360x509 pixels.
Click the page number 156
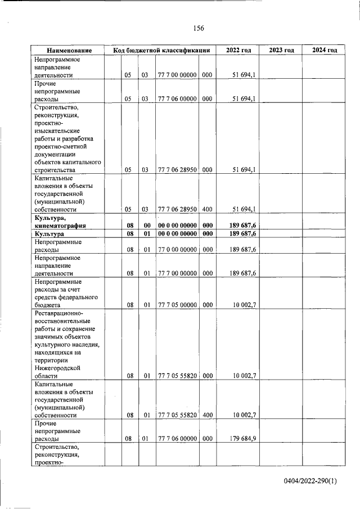[x=198, y=28]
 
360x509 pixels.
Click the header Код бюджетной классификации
[x=161, y=51]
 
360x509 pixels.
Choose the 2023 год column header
[x=281, y=51]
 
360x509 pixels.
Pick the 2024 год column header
[x=324, y=51]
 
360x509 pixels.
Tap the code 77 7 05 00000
[x=177, y=305]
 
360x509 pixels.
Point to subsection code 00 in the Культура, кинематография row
[x=146, y=225]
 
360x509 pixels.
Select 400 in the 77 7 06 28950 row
[x=206, y=209]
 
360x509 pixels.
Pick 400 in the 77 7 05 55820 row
[x=206, y=415]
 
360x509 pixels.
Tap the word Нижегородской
[x=58, y=367]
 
